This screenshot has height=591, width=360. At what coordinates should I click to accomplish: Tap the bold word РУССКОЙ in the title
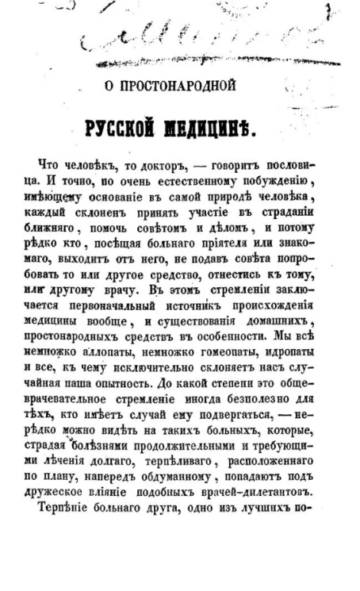click(136, 129)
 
